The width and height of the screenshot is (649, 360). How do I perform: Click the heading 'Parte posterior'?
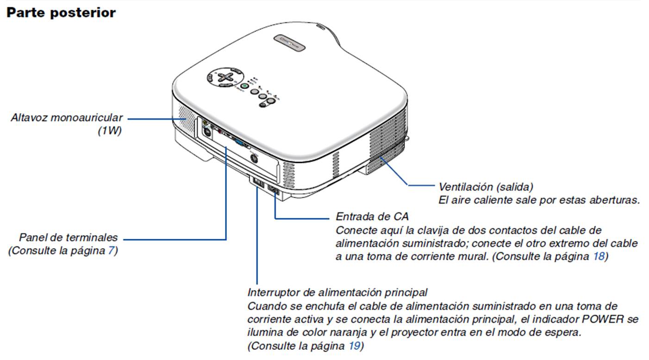(x=61, y=12)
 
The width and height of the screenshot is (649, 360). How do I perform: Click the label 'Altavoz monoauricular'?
(x=67, y=118)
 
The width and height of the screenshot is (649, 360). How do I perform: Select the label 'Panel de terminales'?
(x=69, y=238)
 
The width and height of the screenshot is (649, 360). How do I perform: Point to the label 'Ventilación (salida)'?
(x=486, y=187)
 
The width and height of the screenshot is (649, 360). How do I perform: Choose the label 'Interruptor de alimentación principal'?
(x=337, y=292)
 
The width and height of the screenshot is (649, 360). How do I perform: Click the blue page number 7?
(x=111, y=251)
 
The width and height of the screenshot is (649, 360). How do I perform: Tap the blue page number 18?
(x=599, y=256)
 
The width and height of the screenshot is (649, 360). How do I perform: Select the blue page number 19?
(x=353, y=346)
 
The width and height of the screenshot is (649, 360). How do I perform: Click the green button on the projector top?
(x=245, y=86)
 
